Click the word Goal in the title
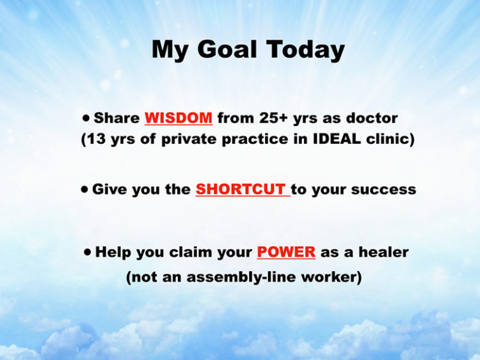point(227,49)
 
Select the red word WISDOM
point(179,118)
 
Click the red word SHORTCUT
point(241,189)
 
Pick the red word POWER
point(286,252)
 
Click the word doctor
point(372,118)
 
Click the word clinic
point(388,139)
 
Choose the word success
point(383,190)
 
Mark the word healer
point(383,252)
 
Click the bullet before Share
point(86,118)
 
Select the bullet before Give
point(84,189)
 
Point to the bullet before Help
point(88,252)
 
